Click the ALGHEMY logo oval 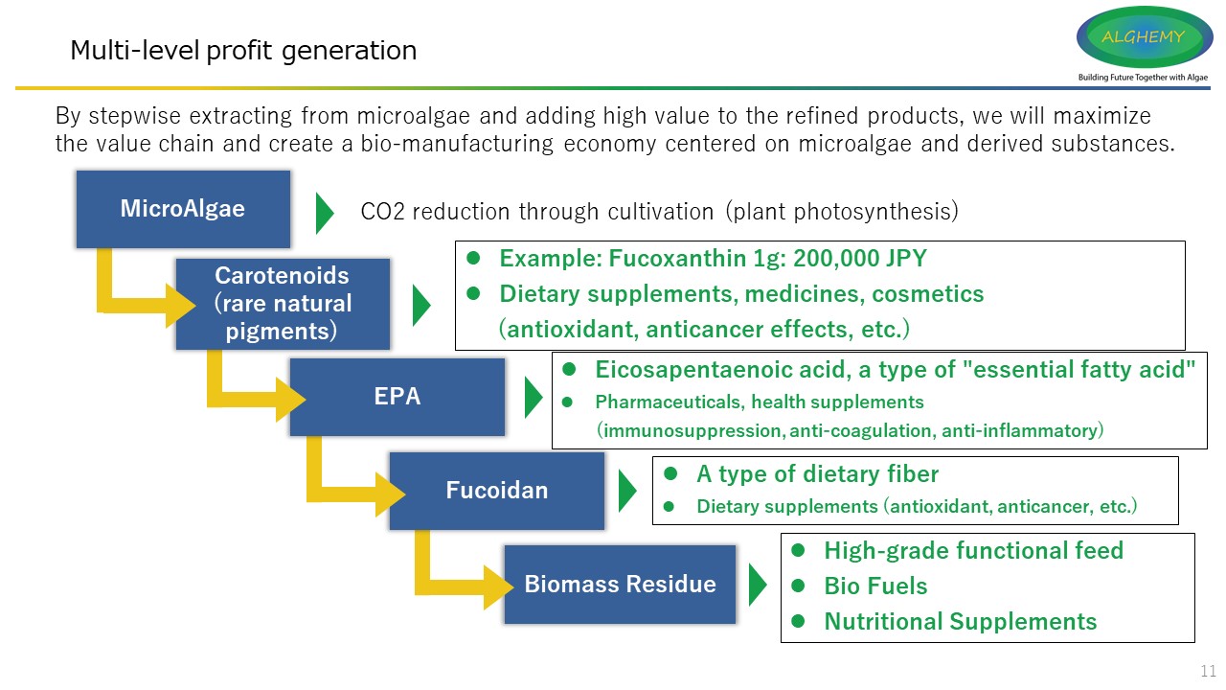click(1144, 37)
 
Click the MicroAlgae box click(183, 209)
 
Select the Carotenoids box click(283, 304)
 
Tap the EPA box click(397, 397)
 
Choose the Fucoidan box click(496, 491)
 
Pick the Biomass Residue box click(620, 584)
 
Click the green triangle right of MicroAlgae click(325, 212)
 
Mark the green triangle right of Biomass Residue click(757, 585)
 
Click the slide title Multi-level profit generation click(243, 50)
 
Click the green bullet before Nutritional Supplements click(797, 621)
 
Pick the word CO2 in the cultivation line click(381, 212)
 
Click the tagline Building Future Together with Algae click(1143, 77)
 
